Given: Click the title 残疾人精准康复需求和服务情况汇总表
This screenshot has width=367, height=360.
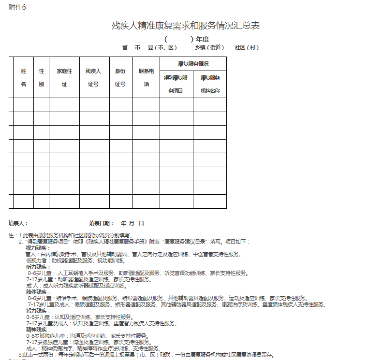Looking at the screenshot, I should [186, 26].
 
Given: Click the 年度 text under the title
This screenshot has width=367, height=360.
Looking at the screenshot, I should [202, 39].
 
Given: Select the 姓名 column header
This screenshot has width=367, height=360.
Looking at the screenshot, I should [23, 77].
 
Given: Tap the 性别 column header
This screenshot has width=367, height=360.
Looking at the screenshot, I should [41, 77].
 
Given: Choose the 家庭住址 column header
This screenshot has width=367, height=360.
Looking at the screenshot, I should [64, 77].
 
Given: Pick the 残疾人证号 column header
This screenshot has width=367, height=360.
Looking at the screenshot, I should [93, 77].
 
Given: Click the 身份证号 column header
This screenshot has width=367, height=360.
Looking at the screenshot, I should [120, 77].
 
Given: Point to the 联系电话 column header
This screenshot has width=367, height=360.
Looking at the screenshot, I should [146, 77].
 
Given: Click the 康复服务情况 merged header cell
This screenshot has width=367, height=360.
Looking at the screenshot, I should [193, 64].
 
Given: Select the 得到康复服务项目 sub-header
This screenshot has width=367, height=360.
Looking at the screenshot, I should [176, 84].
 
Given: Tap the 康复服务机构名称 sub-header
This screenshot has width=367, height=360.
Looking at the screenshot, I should [210, 84].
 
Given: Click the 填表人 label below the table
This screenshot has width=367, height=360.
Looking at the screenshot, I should [18, 223].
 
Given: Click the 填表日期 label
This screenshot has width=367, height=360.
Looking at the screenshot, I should [101, 223].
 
